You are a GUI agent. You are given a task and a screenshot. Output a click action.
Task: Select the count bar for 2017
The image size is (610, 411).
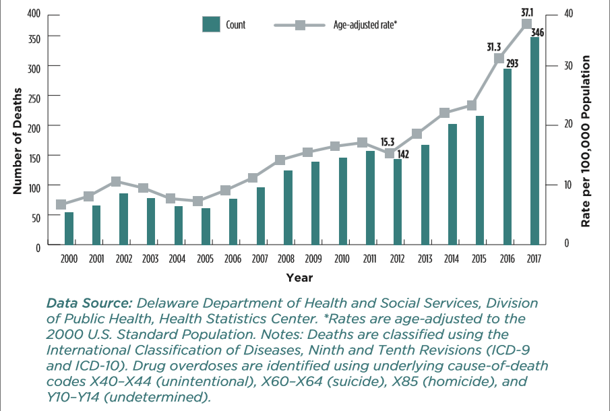[x=535, y=141]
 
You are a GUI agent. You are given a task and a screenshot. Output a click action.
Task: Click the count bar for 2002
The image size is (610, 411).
[x=124, y=219]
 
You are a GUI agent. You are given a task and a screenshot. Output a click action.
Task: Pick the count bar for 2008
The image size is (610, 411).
[x=288, y=208]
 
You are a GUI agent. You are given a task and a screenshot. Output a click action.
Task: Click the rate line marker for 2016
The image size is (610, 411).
[x=499, y=59]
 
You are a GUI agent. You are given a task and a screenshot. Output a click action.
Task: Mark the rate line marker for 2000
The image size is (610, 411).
[x=61, y=204]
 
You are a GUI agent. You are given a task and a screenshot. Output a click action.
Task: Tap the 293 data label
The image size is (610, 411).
[x=512, y=63]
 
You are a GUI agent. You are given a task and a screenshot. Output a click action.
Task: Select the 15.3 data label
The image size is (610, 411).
[x=388, y=142]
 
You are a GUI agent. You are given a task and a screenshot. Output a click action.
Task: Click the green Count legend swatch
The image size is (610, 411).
[x=212, y=25]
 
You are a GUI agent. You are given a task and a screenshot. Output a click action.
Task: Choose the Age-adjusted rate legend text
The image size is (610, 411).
[x=365, y=25]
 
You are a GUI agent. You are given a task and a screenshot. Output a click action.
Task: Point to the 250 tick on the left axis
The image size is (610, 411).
[x=34, y=97]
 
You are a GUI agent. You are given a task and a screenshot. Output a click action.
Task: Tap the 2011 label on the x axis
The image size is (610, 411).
[x=369, y=259]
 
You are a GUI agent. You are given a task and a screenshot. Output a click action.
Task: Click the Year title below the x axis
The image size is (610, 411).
[x=299, y=277]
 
